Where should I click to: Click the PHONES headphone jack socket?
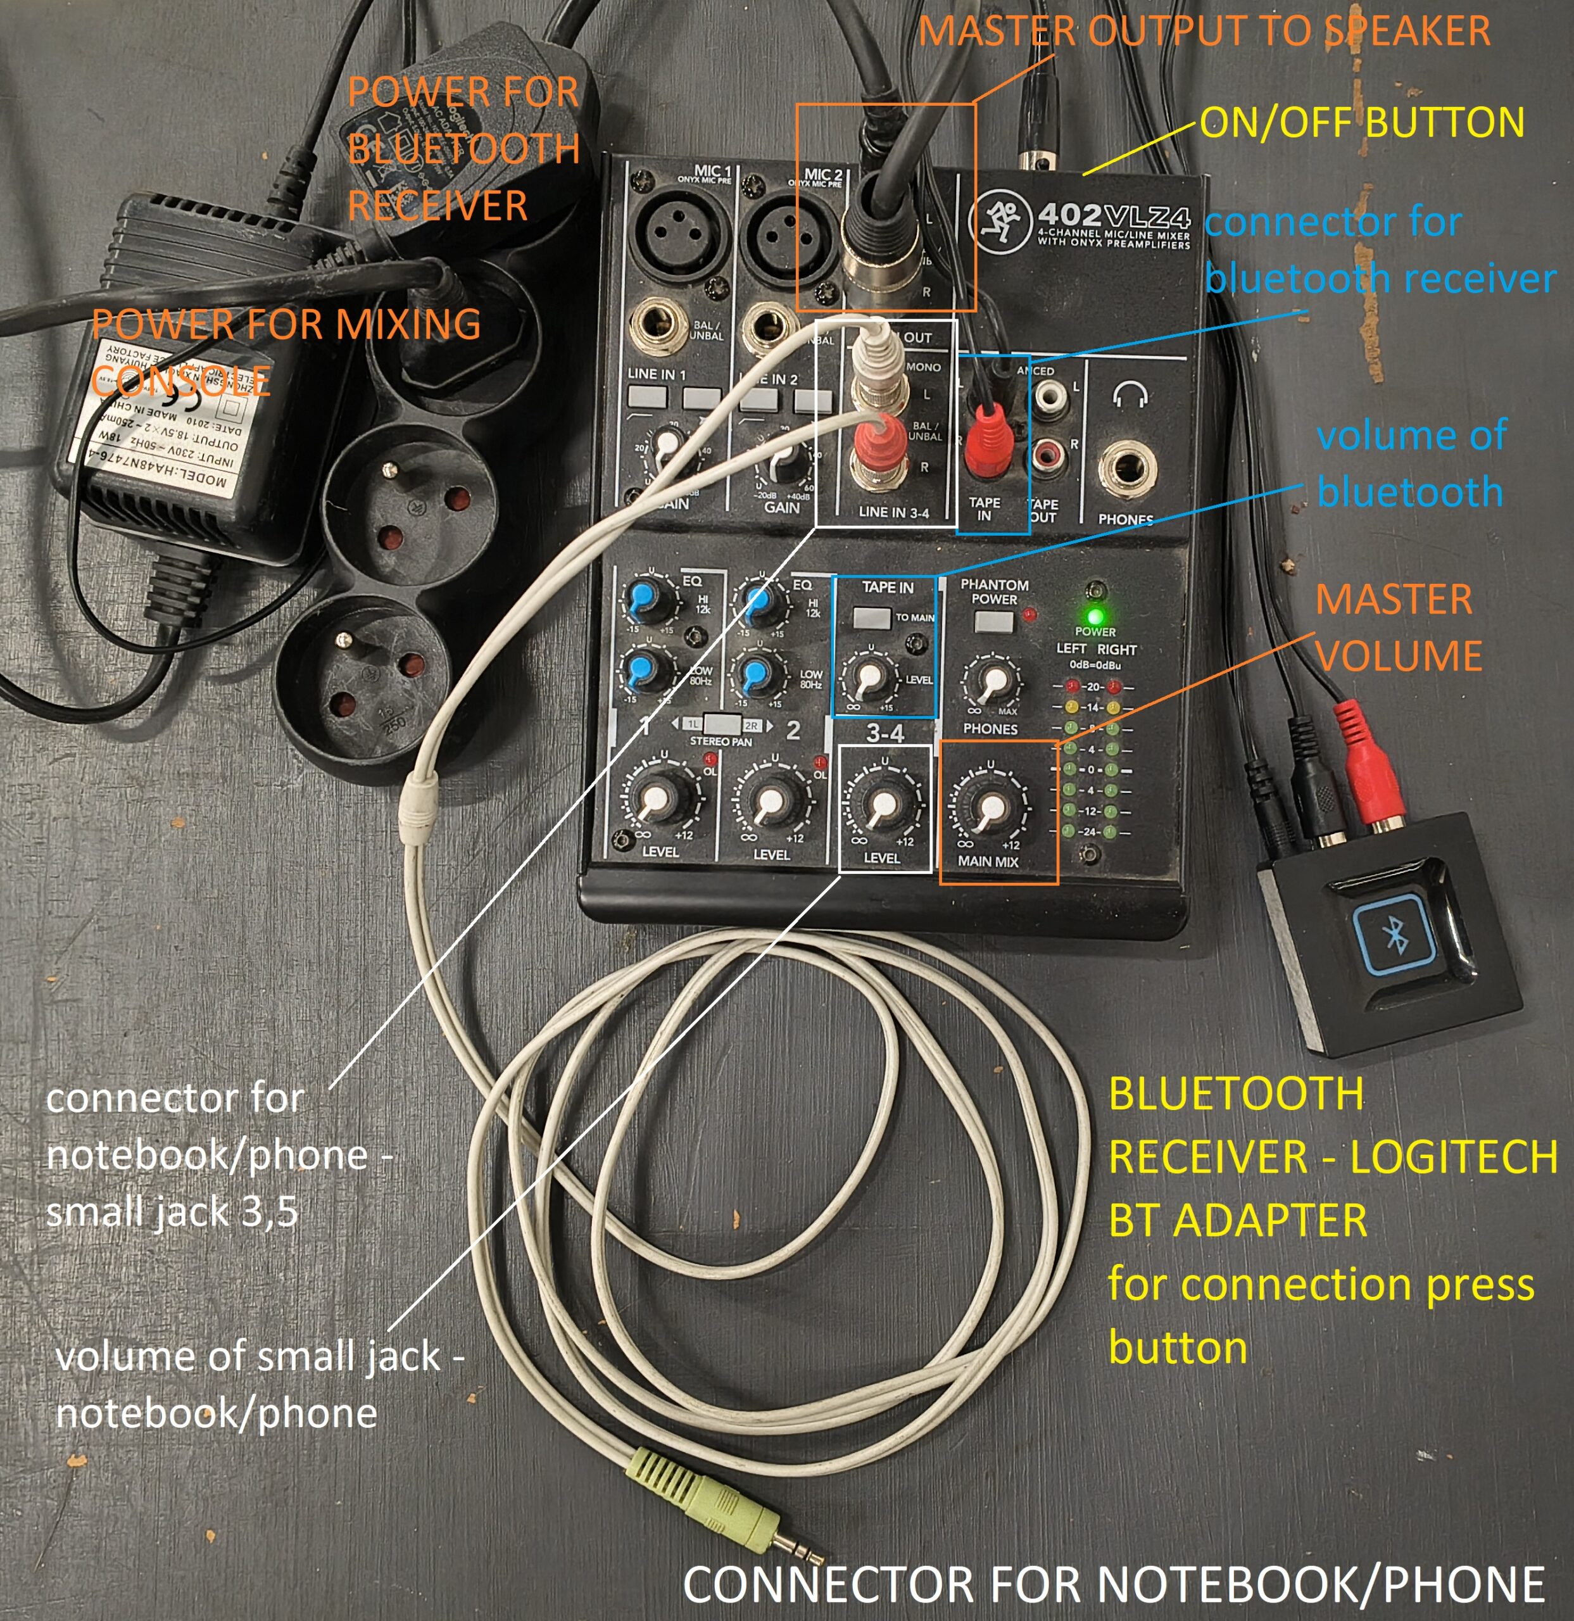click(x=1126, y=469)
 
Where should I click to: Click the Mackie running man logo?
click(x=1000, y=221)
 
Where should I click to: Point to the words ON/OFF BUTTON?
click(x=1361, y=122)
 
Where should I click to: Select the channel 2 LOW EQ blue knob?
click(x=757, y=674)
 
